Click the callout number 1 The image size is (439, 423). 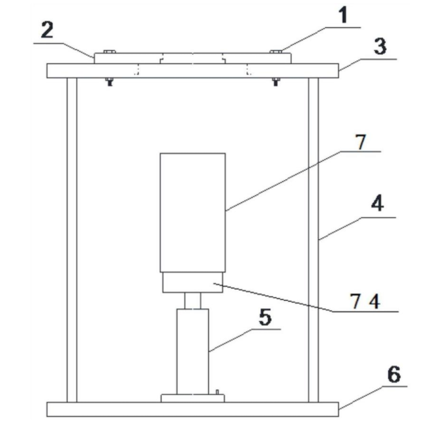point(344,15)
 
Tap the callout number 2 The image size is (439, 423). point(47,30)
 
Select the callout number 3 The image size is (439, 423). point(380,46)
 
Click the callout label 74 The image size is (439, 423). point(365,302)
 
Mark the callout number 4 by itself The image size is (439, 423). point(377,204)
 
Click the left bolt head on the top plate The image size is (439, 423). point(110,52)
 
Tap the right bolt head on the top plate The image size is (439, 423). point(276,52)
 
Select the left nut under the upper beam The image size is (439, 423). point(110,82)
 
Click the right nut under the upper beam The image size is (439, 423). point(276,82)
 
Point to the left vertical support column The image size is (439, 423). point(72,240)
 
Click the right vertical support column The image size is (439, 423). point(313,240)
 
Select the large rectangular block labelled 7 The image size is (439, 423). point(192,213)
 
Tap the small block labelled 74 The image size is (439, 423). point(192,283)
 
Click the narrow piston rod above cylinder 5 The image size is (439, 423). point(192,301)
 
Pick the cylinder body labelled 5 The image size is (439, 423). point(192,352)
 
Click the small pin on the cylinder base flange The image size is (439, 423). point(217,392)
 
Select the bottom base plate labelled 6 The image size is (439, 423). point(192,409)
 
